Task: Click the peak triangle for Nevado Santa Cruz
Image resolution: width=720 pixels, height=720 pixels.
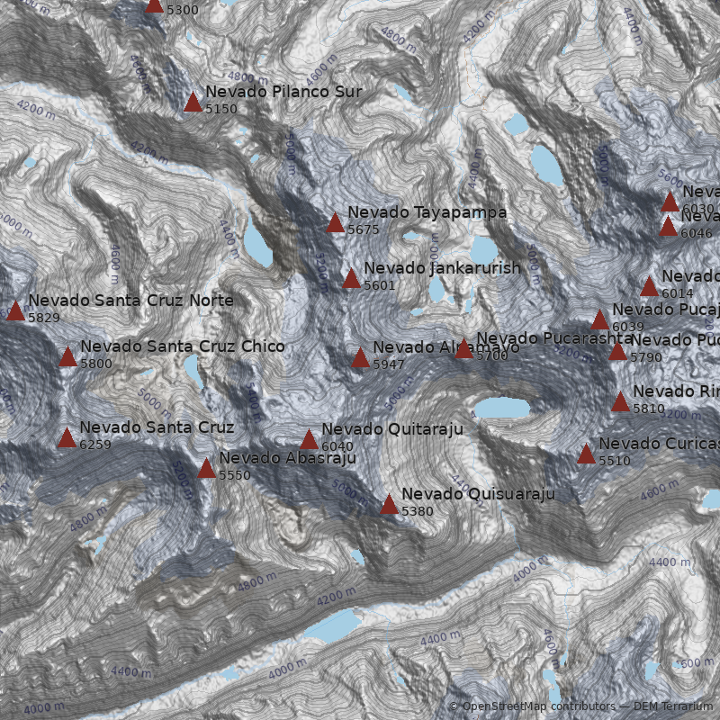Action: (x=67, y=438)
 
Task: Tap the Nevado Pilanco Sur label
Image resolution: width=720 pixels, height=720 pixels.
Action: (x=283, y=92)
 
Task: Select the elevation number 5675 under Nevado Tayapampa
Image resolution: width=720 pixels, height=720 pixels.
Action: (x=364, y=230)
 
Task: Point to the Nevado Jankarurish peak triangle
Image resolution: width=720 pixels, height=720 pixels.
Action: (x=351, y=278)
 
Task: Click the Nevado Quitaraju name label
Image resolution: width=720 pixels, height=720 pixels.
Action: (x=391, y=429)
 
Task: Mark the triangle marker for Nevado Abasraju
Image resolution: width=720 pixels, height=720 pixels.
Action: (x=206, y=468)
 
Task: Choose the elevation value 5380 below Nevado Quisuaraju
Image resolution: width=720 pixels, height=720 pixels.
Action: (x=418, y=511)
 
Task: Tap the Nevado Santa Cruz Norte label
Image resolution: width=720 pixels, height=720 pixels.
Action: (x=130, y=301)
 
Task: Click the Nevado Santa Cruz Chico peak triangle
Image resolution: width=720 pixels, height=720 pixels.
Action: (x=67, y=357)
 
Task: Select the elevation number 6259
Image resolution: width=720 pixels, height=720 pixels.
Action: (x=95, y=445)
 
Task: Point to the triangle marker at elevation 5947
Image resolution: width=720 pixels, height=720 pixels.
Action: (x=360, y=358)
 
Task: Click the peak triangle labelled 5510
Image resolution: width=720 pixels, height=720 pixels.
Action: (x=586, y=454)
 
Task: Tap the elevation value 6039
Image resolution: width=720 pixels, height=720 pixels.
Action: (x=628, y=327)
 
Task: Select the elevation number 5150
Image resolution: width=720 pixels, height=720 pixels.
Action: (x=221, y=109)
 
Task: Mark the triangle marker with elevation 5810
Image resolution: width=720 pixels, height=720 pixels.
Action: (x=620, y=401)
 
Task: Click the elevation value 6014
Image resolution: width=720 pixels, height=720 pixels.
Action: (x=678, y=293)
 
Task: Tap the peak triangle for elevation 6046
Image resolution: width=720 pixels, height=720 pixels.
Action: (x=668, y=226)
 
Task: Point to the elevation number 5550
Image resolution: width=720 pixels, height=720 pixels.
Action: (x=235, y=475)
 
